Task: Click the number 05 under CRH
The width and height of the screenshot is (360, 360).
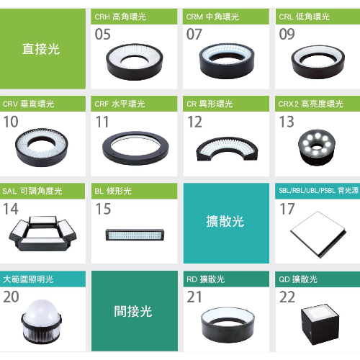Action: point(103,34)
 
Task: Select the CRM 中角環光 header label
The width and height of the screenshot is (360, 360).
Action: point(212,17)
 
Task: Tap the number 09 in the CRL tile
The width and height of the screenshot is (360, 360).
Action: point(287,34)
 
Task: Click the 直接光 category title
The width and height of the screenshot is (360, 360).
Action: point(41,49)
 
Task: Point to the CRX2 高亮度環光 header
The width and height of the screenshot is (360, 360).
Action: point(310,104)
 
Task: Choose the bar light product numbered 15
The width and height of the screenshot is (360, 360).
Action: point(135,235)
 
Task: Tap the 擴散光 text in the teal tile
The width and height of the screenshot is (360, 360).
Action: point(225,221)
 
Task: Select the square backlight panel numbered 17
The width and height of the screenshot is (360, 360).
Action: point(318,235)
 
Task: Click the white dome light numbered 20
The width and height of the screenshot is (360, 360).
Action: point(42,322)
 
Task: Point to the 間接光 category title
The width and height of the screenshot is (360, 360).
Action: point(133,311)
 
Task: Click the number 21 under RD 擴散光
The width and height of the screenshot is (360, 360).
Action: point(194,297)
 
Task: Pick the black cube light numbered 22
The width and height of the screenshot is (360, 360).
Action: point(320,324)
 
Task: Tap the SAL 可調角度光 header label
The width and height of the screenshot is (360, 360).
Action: point(32,191)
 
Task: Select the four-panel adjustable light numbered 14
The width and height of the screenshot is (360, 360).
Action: point(42,233)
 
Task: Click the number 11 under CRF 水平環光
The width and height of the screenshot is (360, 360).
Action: point(102,122)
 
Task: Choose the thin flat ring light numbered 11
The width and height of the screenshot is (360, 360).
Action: point(135,148)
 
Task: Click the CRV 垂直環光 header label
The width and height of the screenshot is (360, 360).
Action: point(28,104)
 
